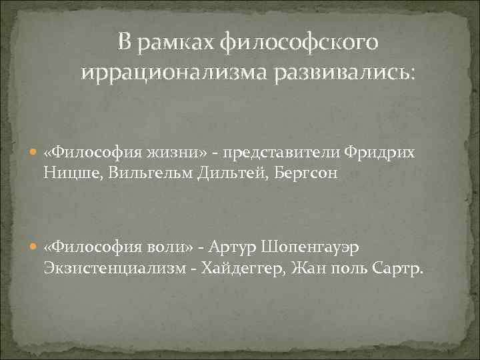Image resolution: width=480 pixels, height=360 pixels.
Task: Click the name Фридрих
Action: coord(380,153)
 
